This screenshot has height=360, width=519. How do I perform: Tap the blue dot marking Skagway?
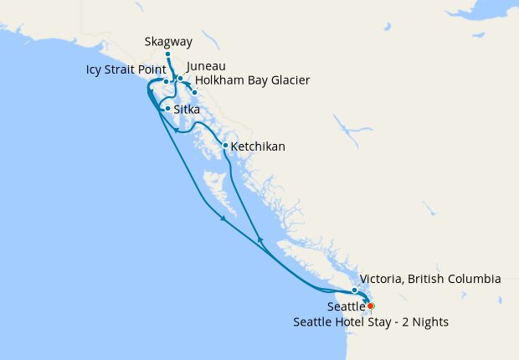click(x=168, y=54)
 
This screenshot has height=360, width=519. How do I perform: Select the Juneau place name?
click(x=206, y=66)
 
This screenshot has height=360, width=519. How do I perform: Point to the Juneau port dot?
click(x=180, y=78)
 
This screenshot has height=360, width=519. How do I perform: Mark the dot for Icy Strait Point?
click(x=166, y=82)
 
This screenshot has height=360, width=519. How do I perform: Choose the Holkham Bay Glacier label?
click(x=252, y=80)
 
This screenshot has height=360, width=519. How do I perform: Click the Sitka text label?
click(x=186, y=109)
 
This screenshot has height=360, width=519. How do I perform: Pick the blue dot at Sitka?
click(x=168, y=108)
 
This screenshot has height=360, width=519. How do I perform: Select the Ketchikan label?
click(x=258, y=147)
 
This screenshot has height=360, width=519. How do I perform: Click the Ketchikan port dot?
click(x=225, y=146)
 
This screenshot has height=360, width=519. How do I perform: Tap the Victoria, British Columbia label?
click(x=429, y=279)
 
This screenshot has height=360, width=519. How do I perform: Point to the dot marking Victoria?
click(x=355, y=290)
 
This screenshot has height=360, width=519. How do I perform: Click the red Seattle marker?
click(x=371, y=306)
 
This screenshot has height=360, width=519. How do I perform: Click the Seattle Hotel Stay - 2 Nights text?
click(x=370, y=322)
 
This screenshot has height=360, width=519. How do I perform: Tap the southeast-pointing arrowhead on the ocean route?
click(x=223, y=219)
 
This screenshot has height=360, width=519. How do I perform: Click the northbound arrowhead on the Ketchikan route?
click(x=260, y=241)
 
